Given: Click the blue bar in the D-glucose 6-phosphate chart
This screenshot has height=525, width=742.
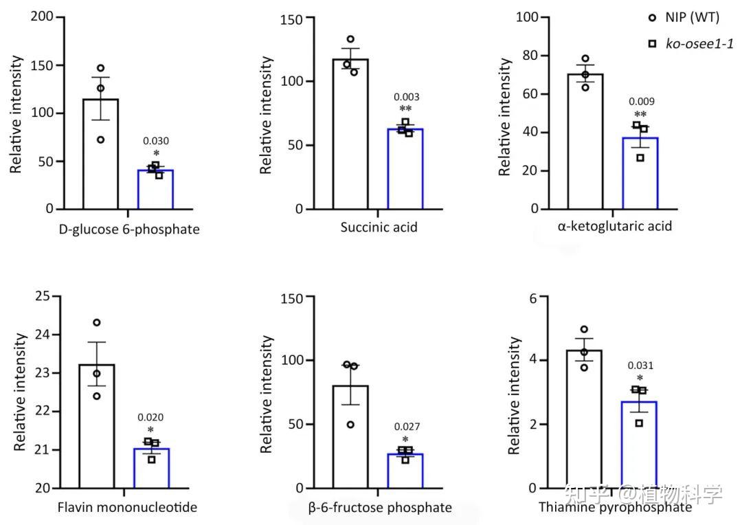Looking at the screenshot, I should (x=155, y=189).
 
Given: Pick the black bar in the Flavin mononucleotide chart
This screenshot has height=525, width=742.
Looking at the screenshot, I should (x=97, y=426).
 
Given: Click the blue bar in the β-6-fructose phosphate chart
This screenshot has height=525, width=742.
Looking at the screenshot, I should (x=405, y=471).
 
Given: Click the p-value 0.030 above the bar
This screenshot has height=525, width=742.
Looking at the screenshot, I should (x=156, y=142).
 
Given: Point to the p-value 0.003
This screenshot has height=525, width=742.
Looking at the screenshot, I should (x=406, y=98).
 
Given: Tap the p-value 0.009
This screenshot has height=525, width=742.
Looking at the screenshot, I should (x=641, y=102).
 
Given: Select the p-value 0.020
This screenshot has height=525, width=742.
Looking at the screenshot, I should (x=150, y=417).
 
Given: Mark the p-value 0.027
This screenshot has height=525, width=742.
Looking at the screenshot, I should (x=405, y=427).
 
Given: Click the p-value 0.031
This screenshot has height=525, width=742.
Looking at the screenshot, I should (x=640, y=366).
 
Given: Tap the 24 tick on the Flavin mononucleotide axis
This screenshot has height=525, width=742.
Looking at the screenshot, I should (x=42, y=335).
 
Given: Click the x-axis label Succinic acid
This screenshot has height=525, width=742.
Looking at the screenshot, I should (x=379, y=227).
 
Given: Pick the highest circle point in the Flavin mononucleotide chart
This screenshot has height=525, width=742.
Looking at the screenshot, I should (x=97, y=322).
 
